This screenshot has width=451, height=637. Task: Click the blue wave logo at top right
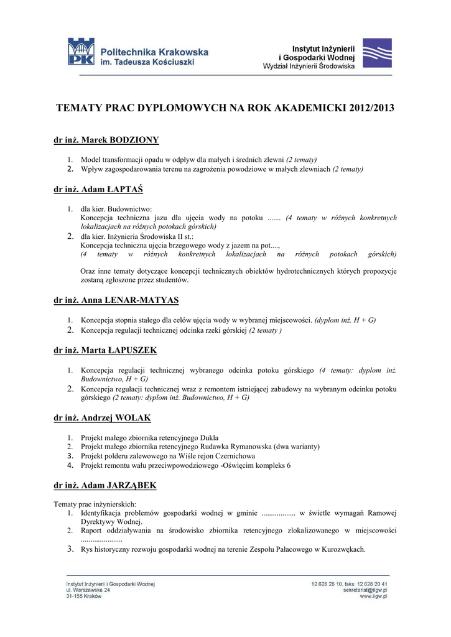pyautogui.click(x=377, y=53)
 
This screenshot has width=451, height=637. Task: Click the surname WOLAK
pyautogui.click(x=131, y=417)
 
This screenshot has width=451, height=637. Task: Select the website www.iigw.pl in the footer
pyautogui.click(x=374, y=596)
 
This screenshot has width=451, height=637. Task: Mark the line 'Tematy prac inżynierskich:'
pyautogui.click(x=95, y=504)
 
